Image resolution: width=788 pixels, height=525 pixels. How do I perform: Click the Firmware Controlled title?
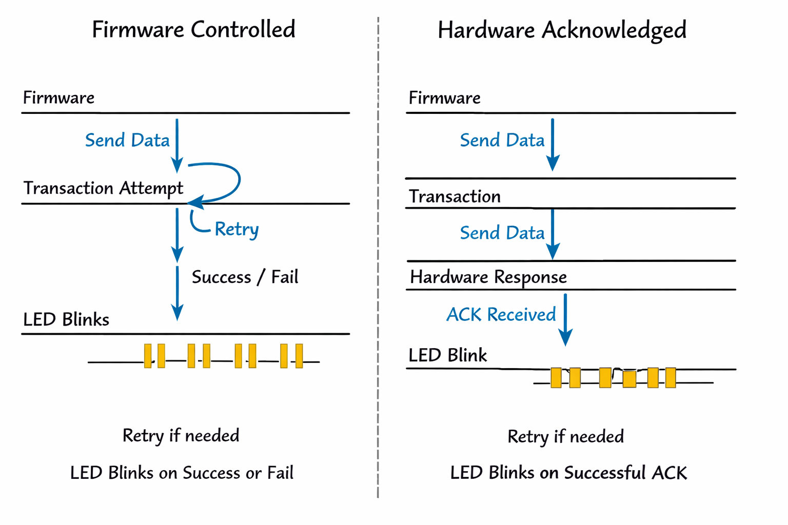[193, 30]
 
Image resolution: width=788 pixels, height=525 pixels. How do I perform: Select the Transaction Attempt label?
[103, 188]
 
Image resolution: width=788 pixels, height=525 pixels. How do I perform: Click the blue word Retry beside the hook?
[237, 229]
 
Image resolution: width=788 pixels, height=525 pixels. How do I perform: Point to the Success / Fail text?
[245, 277]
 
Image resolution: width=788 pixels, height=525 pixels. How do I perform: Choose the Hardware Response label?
[488, 277]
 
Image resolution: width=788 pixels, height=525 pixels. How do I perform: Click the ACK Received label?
[501, 314]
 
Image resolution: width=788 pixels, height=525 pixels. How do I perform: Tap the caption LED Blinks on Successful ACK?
[568, 473]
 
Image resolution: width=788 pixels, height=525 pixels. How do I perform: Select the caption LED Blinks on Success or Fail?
[182, 473]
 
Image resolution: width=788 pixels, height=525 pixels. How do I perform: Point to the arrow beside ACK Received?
[565, 319]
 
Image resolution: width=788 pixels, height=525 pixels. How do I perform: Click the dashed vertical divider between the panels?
[378, 256]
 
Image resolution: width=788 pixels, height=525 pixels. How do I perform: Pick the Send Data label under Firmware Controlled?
[127, 140]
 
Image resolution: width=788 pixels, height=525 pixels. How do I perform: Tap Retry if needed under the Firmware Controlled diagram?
[181, 436]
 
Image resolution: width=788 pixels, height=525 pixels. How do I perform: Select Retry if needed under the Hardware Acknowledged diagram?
[565, 437]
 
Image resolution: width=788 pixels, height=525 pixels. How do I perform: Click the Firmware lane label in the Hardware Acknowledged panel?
[444, 98]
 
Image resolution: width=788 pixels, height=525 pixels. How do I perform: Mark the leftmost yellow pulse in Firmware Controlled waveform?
[148, 356]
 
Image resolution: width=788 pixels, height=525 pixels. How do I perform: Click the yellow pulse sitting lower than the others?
[629, 379]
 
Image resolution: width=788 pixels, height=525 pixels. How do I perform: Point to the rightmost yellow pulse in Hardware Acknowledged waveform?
[671, 377]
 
